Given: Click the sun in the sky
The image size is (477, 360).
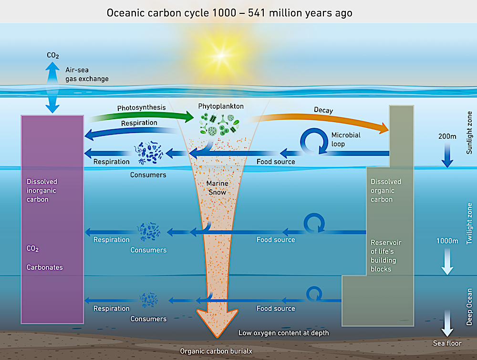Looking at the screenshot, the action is pos(221,56).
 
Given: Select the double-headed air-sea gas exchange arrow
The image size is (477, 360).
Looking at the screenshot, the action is pos(52,88).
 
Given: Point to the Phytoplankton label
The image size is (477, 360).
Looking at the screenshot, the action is pos(221,106).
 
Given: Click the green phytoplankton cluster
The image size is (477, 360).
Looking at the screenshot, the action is pos(219,124).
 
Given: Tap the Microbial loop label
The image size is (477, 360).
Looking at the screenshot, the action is pos(346,139).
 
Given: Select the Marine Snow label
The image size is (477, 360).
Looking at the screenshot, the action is pos(217,187).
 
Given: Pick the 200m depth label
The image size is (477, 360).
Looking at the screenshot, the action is pos(447,136).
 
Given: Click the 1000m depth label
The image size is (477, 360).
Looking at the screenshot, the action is pos(447,241).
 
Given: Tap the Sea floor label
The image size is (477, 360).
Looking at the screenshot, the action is pos(447,343).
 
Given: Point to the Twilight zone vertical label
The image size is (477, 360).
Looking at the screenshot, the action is pos(469,224).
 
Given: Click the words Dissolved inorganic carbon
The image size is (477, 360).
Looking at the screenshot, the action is pos(41,190).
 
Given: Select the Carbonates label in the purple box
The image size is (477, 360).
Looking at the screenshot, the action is pos(45,267).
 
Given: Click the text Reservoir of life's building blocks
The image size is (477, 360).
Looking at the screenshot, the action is pos(386,256).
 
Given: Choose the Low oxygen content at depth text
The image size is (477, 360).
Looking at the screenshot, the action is pos(283,333).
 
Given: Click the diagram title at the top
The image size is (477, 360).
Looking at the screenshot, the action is pos(229,13).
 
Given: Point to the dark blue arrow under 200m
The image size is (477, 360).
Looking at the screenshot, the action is pos(447,155).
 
